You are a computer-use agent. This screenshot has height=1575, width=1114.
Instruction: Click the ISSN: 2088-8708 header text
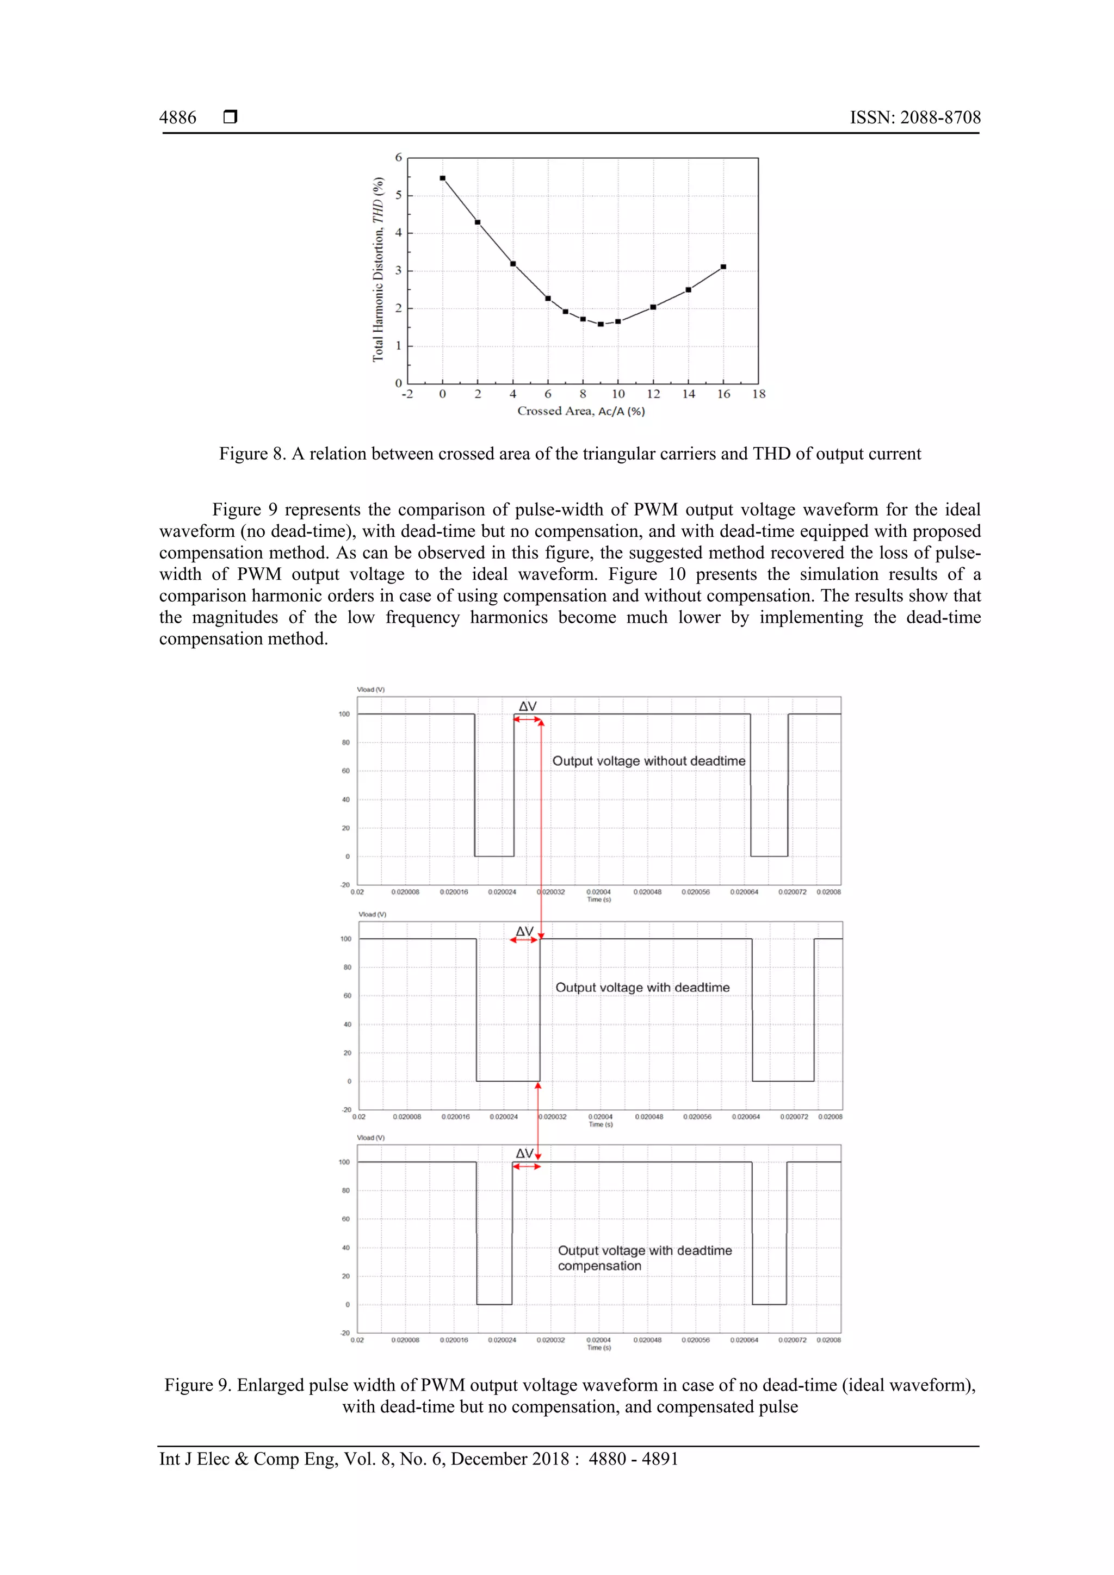click(x=914, y=117)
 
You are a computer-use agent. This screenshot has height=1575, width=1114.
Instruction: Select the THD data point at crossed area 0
click(x=442, y=178)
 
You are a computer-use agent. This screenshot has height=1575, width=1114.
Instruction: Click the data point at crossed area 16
click(x=723, y=267)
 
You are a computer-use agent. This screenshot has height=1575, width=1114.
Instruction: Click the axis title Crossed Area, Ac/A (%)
click(x=580, y=411)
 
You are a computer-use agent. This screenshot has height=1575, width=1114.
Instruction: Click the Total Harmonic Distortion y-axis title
click(x=378, y=270)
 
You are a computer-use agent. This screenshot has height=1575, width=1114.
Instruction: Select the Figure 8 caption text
click(x=570, y=454)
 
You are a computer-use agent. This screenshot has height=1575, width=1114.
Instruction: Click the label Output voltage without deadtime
click(x=648, y=761)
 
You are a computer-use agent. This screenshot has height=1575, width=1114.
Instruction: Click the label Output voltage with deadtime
click(x=642, y=987)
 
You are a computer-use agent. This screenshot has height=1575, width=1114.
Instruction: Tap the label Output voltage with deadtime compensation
click(x=644, y=1257)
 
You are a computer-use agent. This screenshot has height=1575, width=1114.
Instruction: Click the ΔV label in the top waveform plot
click(x=527, y=706)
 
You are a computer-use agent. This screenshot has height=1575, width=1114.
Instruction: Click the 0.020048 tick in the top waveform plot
click(x=647, y=892)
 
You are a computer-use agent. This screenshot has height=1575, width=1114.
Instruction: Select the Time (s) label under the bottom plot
click(x=598, y=1347)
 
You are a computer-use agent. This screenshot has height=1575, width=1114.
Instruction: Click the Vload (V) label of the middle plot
click(x=372, y=914)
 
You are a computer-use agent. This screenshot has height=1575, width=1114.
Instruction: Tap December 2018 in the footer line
click(x=510, y=1459)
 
